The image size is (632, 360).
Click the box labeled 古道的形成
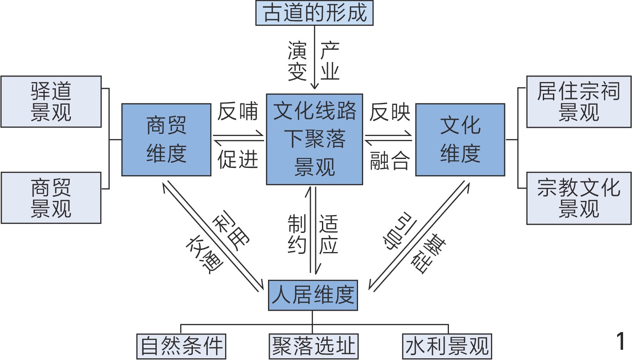pyautogui.click(x=314, y=13)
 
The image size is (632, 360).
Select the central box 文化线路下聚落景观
pyautogui.click(x=314, y=139)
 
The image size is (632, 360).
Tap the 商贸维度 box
pyautogui.click(x=166, y=139)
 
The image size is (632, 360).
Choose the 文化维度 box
pyautogui.click(x=460, y=139)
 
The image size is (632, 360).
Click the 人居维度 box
pyautogui.click(x=313, y=295)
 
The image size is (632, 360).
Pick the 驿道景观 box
pyautogui.click(x=51, y=102)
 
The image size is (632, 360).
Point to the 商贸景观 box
pyautogui.click(x=51, y=198)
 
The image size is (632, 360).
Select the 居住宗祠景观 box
pyautogui.click(x=578, y=102)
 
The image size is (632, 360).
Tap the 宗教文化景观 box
pyautogui.click(x=578, y=198)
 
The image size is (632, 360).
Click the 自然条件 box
pyautogui.click(x=181, y=346)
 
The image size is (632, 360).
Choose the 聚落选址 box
pyautogui.click(x=313, y=346)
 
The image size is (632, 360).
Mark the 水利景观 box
pyautogui.click(x=447, y=346)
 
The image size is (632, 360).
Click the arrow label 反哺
pyautogui.click(x=238, y=111)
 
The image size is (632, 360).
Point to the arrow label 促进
pyautogui.click(x=238, y=160)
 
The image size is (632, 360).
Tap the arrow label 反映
pyautogui.click(x=389, y=112)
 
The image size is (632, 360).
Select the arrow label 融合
pyautogui.click(x=389, y=161)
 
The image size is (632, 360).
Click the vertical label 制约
pyautogui.click(x=297, y=234)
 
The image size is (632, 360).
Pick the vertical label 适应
pyautogui.click(x=328, y=234)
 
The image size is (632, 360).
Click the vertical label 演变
pyautogui.click(x=297, y=61)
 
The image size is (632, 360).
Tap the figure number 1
pyautogui.click(x=621, y=341)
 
